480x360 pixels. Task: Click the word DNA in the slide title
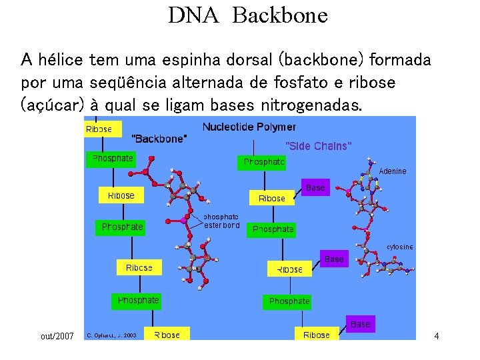pos(193,15)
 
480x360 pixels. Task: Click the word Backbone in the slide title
pos(280,15)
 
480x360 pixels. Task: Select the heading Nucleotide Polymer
pos(249,127)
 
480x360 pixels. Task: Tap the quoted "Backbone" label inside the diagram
pos(160,139)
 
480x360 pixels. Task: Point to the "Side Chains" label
pos(318,146)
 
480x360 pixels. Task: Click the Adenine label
pos(392,171)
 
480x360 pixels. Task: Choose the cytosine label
pos(399,247)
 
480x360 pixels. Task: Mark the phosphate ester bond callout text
pos(221,221)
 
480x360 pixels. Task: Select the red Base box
pos(334,259)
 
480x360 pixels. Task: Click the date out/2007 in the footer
pos(57,336)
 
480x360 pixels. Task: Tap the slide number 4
pos(436,336)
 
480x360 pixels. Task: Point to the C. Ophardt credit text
pos(111,335)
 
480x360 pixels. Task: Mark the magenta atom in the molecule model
pos(182,219)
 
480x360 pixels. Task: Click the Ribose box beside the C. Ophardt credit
pos(167,335)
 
